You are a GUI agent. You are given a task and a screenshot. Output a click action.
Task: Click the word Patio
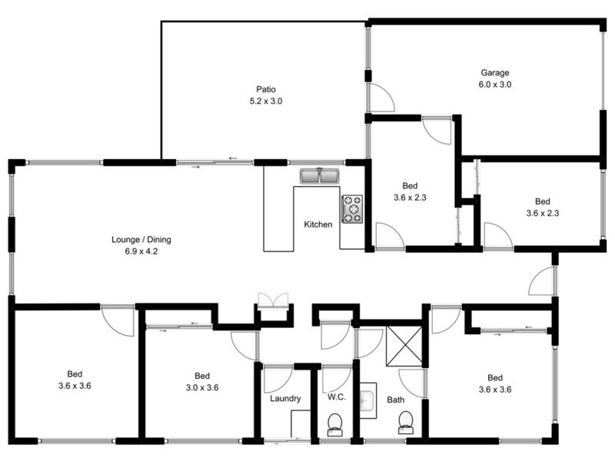click(x=266, y=88)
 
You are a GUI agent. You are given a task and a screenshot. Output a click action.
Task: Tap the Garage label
click(x=495, y=73)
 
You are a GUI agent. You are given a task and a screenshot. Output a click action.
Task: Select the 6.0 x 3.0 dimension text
click(x=495, y=85)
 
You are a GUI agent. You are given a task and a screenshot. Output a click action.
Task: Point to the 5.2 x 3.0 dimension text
click(x=266, y=101)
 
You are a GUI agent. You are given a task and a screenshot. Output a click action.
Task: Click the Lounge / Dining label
click(x=141, y=240)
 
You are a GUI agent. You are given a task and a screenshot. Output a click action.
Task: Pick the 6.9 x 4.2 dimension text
click(x=141, y=252)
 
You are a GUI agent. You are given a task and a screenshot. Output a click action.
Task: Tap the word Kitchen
click(x=318, y=225)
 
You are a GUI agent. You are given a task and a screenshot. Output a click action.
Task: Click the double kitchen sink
click(x=319, y=177)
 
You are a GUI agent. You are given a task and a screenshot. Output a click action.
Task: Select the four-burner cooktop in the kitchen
click(x=352, y=209)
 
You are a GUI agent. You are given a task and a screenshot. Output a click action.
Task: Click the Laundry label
click(x=285, y=399)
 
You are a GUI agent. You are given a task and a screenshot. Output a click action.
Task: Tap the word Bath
click(x=395, y=400)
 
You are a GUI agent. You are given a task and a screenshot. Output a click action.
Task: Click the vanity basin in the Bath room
click(x=367, y=400)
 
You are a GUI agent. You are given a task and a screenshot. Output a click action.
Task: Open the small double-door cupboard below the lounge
click(x=273, y=300)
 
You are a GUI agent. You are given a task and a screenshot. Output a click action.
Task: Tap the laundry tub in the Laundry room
click(x=301, y=423)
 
